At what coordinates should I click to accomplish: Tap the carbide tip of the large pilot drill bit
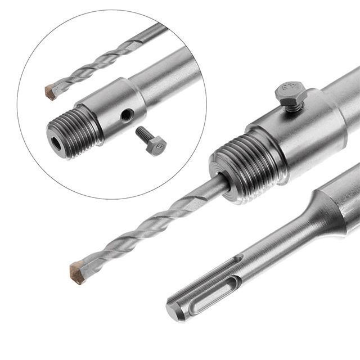coord(77,272)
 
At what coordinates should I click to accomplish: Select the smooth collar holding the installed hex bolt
coord(298,135)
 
